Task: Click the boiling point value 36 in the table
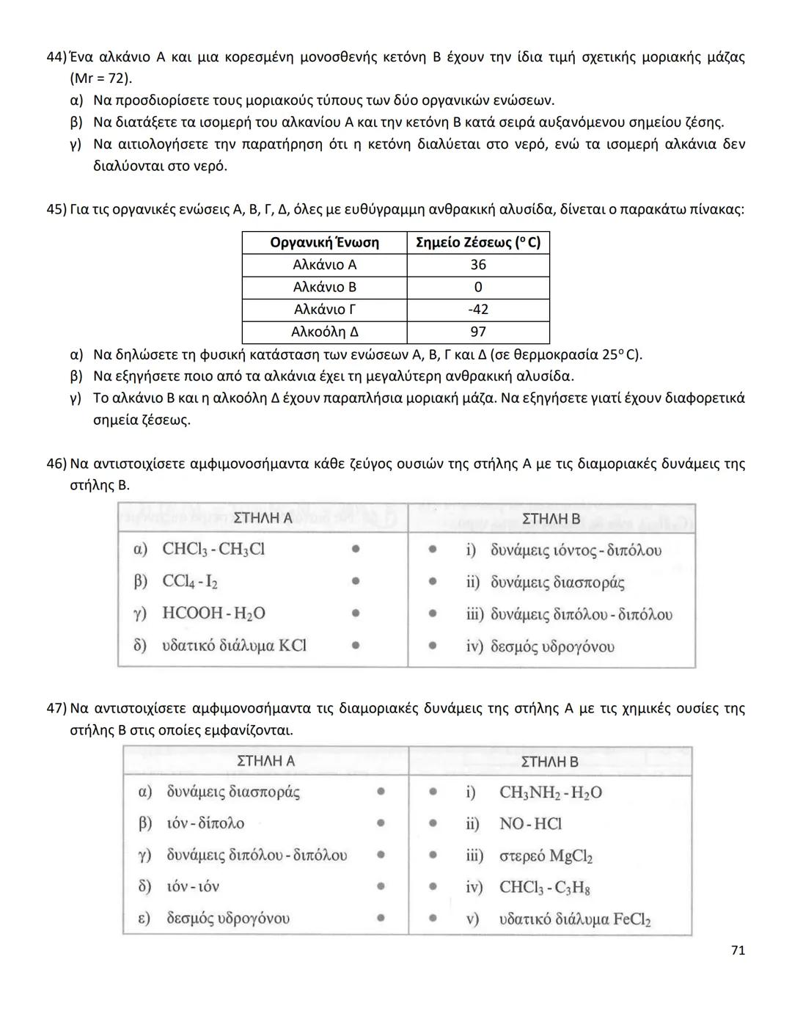[x=478, y=265]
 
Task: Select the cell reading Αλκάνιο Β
[x=324, y=287]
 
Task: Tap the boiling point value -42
[x=478, y=310]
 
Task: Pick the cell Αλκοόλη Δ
[x=324, y=332]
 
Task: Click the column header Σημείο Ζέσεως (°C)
[x=478, y=243]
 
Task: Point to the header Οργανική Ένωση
[x=324, y=243]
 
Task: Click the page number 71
[x=738, y=950]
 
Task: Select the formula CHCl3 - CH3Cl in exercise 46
[x=213, y=550]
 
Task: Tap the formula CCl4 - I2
[x=190, y=582]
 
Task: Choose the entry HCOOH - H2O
[x=213, y=614]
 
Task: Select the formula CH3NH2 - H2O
[x=551, y=793]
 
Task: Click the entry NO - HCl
[x=530, y=824]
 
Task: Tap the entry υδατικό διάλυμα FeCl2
[x=575, y=919]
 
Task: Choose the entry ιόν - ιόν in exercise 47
[x=193, y=887]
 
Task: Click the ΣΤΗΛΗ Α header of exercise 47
[x=265, y=761]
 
